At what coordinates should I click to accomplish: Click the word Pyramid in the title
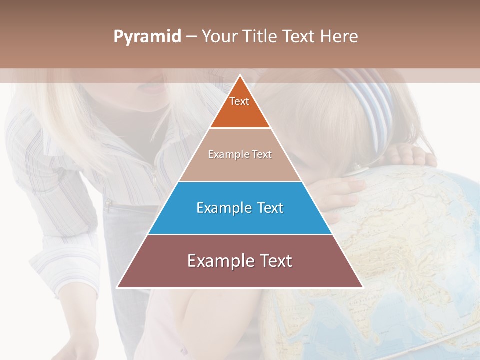coord(147,37)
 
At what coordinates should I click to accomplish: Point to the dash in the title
coord(191,37)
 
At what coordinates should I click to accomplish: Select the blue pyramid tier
coord(240,208)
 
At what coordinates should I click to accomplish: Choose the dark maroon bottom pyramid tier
coord(240,261)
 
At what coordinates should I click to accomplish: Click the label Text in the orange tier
coord(239,101)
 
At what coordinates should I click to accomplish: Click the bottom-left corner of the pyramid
coord(117,287)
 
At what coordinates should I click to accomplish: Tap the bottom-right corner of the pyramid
coord(362,287)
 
